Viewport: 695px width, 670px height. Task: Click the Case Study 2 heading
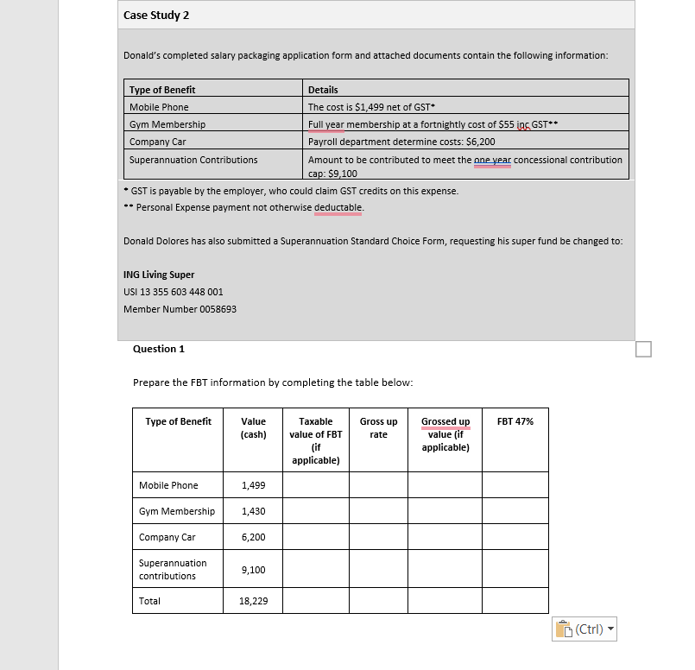coord(157,16)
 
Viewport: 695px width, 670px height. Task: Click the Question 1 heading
coord(159,349)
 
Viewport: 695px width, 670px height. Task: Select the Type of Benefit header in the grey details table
coord(162,90)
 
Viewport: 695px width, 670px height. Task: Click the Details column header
coord(323,90)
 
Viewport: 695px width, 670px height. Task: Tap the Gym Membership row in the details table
coord(167,124)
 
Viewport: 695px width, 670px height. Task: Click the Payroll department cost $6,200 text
coord(401,142)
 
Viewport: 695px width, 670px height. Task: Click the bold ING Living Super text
coord(159,275)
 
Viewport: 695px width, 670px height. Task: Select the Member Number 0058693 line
coord(180,309)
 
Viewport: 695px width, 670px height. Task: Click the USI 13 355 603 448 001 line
coord(174,292)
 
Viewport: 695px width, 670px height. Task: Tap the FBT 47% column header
coord(515,421)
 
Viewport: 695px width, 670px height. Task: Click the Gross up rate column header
coord(378,427)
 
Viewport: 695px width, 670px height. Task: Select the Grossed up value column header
coord(445,433)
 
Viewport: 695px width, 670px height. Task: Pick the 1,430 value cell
coord(254,511)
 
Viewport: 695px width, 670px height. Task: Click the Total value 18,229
coord(253,601)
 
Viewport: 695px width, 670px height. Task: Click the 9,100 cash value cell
coord(254,570)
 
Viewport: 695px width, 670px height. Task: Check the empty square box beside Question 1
coord(642,348)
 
